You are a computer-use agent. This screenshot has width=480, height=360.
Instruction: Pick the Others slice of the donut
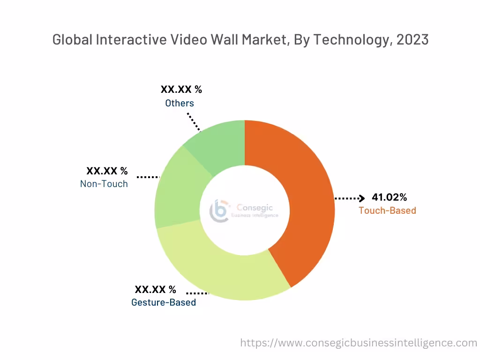click(218, 145)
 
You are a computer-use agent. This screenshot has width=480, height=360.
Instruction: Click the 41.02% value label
click(389, 197)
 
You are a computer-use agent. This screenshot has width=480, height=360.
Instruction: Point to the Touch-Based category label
click(387, 210)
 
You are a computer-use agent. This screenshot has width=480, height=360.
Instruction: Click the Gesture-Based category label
click(164, 302)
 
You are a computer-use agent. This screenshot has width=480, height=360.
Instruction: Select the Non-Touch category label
click(104, 184)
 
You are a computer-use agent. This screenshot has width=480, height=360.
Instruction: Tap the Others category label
click(180, 103)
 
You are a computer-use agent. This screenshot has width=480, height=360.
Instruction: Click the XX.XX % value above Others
click(181, 90)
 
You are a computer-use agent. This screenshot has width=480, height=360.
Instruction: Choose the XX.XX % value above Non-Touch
click(107, 171)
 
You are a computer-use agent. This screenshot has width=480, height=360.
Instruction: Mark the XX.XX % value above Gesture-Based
click(156, 290)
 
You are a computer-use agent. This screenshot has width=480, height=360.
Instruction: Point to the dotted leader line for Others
click(194, 122)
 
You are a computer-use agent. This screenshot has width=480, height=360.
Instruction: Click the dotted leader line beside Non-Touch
click(148, 177)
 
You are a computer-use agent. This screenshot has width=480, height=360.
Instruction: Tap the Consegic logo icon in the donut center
click(219, 210)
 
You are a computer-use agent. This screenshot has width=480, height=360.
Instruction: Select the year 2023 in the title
click(412, 40)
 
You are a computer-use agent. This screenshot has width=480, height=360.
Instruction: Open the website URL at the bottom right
click(359, 343)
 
